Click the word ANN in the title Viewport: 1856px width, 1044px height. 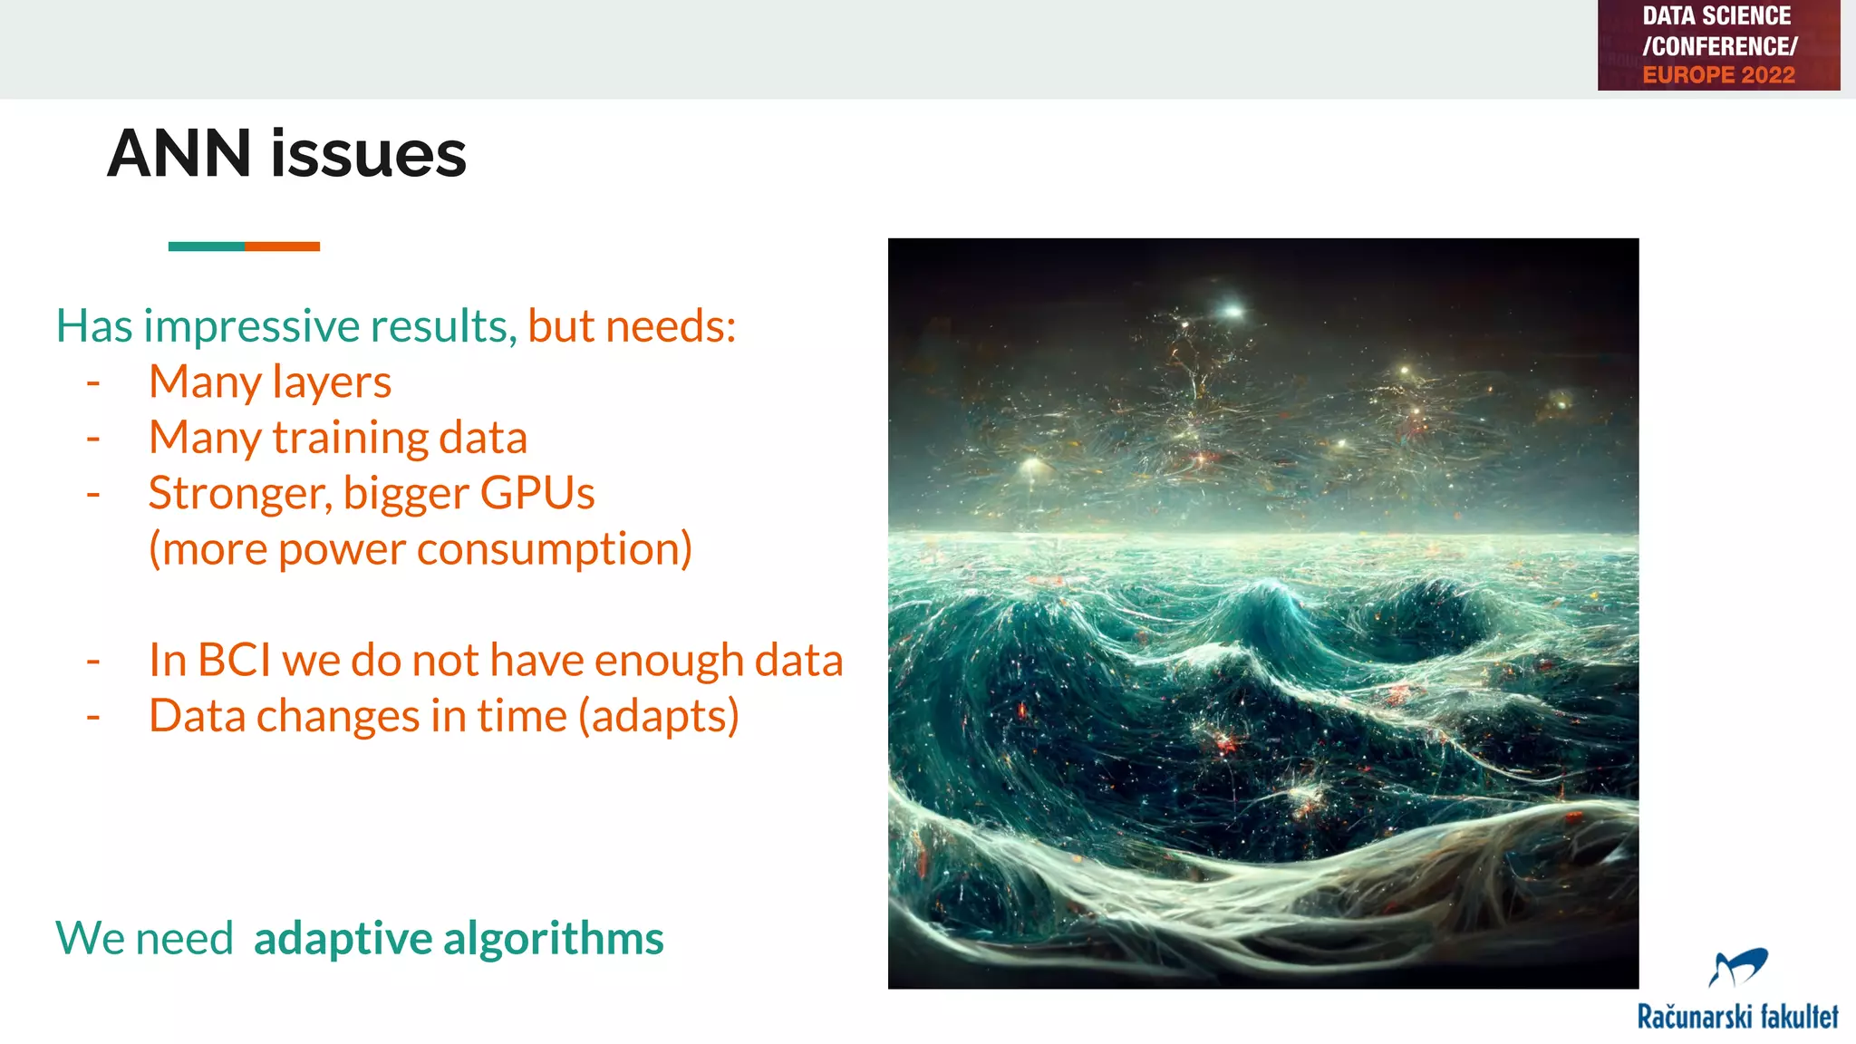point(179,154)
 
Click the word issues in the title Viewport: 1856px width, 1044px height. point(368,154)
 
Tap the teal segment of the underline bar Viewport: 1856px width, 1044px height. point(206,246)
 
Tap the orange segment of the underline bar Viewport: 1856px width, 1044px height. point(282,246)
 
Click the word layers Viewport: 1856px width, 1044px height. point(332,382)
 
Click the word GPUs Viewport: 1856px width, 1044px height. point(536,494)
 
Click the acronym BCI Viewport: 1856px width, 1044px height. point(234,660)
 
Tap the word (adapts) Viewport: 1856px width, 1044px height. point(659,716)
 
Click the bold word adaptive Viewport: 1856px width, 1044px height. point(343,938)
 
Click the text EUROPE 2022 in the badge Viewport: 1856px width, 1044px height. point(1718,75)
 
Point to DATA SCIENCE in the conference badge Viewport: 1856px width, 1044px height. point(1716,16)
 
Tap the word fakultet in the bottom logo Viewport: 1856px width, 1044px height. point(1798,1017)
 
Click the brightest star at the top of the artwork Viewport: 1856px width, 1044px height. point(1232,311)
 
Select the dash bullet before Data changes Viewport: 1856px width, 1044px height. point(93,717)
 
